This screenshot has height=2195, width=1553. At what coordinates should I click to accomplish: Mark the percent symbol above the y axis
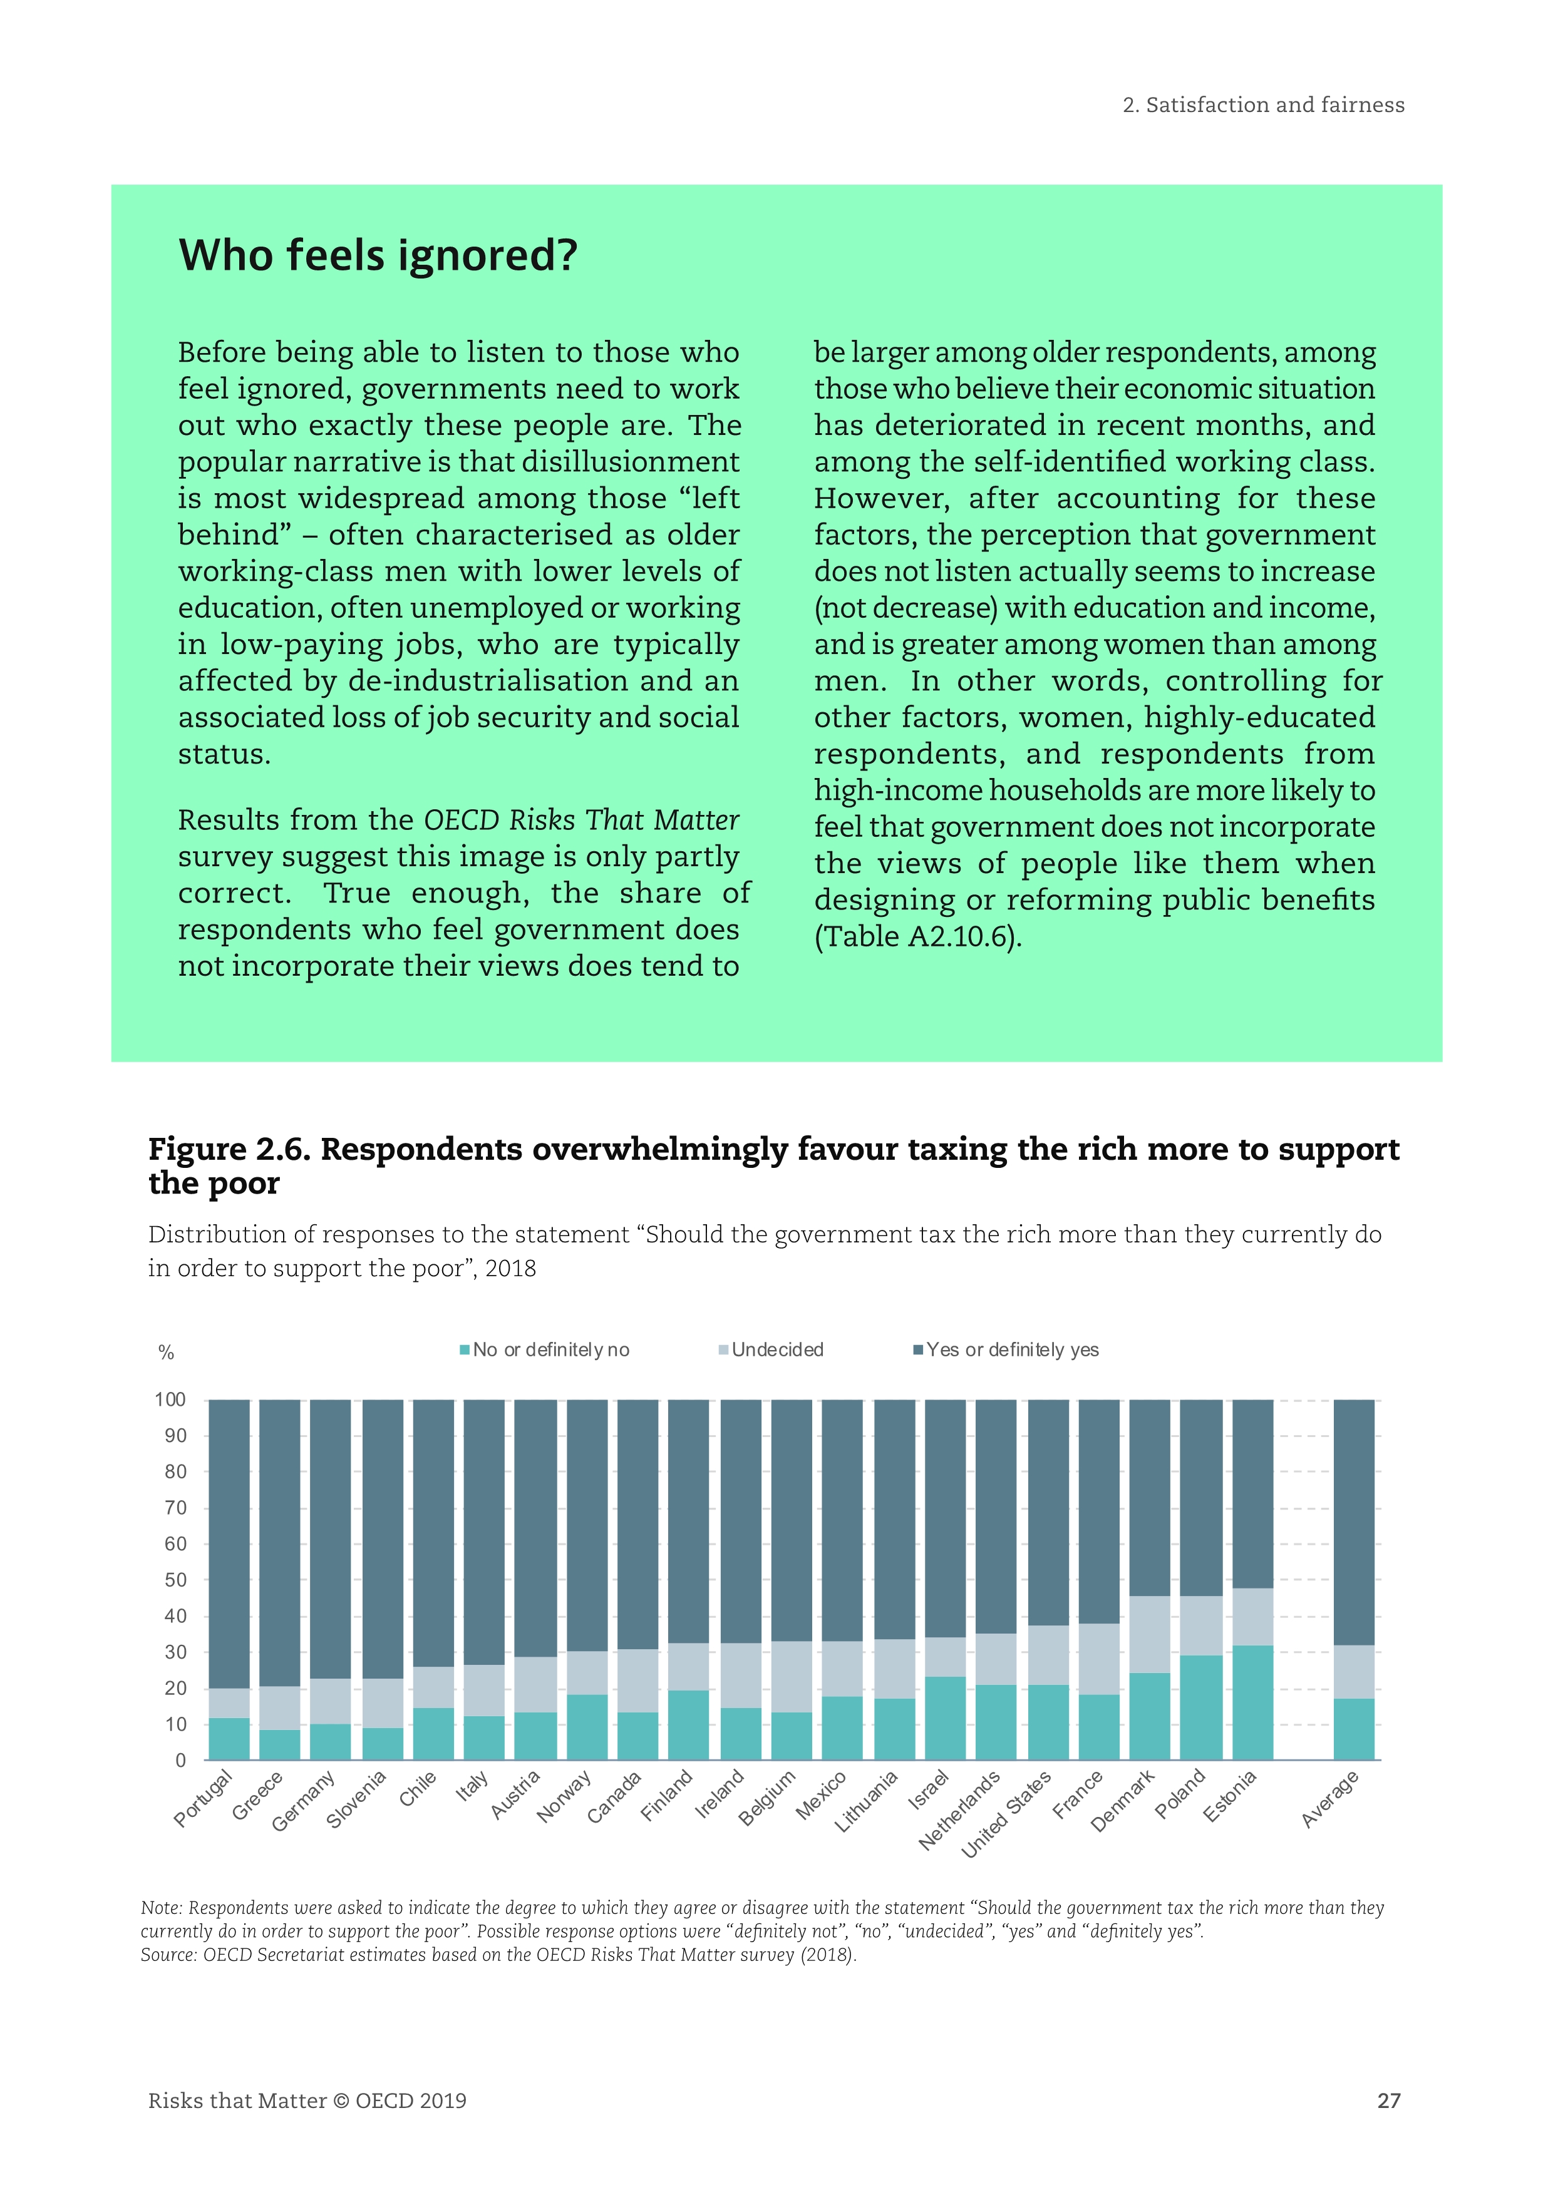coord(167,1352)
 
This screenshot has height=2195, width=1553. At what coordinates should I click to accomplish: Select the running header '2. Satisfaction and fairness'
coord(1262,105)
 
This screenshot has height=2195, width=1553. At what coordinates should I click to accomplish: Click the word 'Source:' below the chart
coord(169,1955)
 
